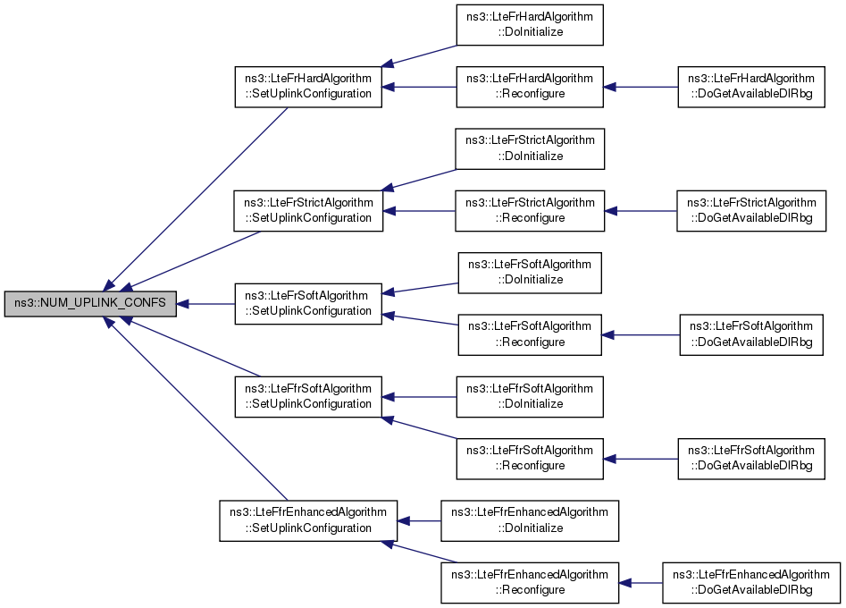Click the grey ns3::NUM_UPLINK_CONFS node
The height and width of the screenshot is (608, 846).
tap(89, 304)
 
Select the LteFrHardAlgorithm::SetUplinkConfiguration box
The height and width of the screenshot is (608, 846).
tap(308, 87)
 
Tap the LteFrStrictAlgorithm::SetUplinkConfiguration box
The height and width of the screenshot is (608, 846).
tap(308, 211)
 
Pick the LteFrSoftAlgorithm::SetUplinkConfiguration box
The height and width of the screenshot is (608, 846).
tap(308, 304)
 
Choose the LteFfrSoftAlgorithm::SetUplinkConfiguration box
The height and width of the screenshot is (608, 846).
tap(308, 397)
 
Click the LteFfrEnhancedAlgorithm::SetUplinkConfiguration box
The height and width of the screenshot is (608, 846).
tap(308, 520)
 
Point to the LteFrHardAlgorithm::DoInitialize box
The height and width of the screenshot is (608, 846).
tap(531, 25)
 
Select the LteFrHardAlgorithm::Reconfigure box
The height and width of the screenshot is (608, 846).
tap(531, 87)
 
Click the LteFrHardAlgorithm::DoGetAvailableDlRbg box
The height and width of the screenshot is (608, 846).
tap(750, 87)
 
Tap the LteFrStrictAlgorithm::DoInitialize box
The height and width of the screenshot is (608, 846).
tap(531, 148)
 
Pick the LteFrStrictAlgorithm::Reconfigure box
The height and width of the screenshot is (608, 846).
tap(531, 211)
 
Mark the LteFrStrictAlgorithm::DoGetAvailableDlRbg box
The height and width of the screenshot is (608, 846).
tap(751, 211)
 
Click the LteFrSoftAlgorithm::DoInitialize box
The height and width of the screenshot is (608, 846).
tap(530, 273)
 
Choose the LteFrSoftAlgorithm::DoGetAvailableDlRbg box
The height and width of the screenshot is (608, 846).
tap(750, 334)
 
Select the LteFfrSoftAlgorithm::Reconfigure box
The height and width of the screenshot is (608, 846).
tap(531, 459)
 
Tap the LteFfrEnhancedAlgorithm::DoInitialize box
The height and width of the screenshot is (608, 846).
tap(531, 520)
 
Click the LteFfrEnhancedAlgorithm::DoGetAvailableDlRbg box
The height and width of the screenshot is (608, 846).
tap(750, 582)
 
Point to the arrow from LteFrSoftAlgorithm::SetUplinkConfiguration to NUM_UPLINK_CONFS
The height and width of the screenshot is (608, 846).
tap(205, 304)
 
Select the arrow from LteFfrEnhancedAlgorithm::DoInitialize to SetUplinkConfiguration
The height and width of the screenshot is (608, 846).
tap(420, 520)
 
